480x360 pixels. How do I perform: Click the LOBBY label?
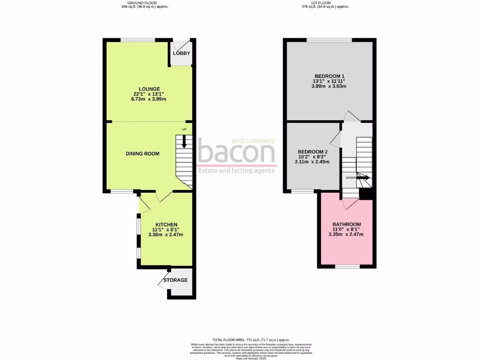(181, 53)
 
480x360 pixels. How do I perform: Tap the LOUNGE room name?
(150, 89)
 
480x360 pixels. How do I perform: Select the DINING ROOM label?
(142, 154)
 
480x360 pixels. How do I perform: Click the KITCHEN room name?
(166, 225)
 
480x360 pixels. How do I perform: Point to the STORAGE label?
(175, 280)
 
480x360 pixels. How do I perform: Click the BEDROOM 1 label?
(330, 76)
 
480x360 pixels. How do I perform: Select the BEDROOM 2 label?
(313, 152)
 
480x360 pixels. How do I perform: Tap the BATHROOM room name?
(346, 225)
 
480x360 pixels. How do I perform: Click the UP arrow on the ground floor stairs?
(184, 141)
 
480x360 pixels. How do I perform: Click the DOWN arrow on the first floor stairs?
(363, 178)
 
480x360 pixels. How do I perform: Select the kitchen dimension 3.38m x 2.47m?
(165, 235)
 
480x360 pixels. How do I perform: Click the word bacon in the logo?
(236, 153)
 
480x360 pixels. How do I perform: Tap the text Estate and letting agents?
(236, 171)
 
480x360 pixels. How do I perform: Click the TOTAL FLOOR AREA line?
(251, 340)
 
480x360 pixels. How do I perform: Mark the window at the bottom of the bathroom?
(347, 267)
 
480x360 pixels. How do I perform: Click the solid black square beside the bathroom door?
(366, 193)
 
